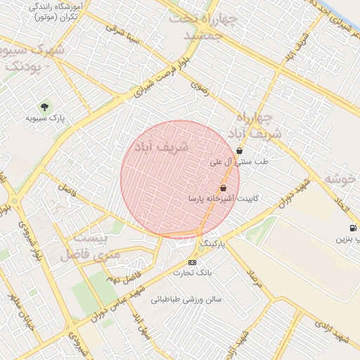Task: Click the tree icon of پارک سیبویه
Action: point(45,106)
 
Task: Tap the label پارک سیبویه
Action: point(46,118)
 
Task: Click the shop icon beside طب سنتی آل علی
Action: point(240,150)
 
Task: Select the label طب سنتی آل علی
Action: point(240,162)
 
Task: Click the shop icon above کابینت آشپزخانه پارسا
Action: point(224,188)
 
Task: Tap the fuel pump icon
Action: point(352,228)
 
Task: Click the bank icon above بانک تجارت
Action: point(193,262)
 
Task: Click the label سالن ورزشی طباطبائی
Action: point(186,299)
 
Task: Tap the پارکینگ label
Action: point(214,243)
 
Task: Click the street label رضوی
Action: point(200,91)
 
